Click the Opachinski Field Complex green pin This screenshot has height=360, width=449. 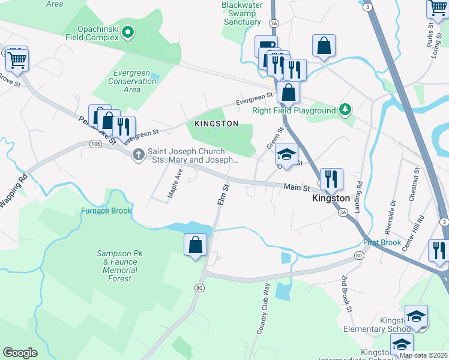pyautogui.click(x=127, y=33)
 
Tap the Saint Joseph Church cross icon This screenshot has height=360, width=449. pyautogui.click(x=139, y=155)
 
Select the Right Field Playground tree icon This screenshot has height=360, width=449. pyautogui.click(x=345, y=110)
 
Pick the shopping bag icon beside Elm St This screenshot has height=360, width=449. pyautogui.click(x=195, y=245)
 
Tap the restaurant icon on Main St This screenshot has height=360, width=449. pyautogui.click(x=331, y=179)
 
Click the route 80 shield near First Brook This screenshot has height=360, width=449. pyautogui.click(x=359, y=256)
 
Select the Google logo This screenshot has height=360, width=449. pyautogui.click(x=20, y=353)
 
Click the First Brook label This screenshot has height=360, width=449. pyautogui.click(x=382, y=242)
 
